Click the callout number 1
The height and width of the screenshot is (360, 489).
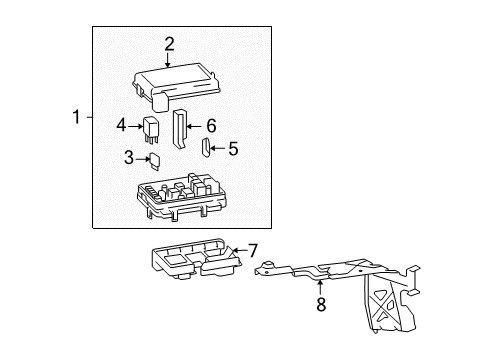click(75, 117)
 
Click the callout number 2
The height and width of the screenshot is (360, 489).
click(170, 43)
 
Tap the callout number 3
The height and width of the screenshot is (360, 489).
click(128, 157)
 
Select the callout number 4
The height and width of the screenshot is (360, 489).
click(121, 126)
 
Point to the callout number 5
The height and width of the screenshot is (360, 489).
click(233, 149)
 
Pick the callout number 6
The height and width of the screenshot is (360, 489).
click(210, 126)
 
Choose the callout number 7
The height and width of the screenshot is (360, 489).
click(253, 250)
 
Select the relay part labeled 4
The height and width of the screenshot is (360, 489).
click(152, 129)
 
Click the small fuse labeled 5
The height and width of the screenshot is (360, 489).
click(205, 150)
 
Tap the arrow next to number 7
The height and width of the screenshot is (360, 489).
click(238, 250)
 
